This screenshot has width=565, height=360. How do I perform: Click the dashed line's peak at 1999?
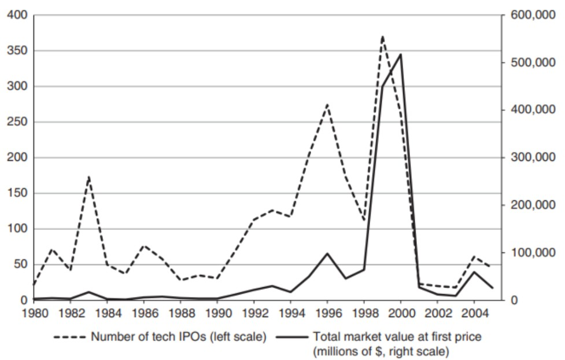382,36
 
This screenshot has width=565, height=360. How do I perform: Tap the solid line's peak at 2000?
401,54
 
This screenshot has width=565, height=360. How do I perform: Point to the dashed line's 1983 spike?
89,177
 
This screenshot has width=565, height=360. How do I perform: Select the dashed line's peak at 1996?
327,105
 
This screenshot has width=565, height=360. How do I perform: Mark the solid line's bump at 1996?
327,253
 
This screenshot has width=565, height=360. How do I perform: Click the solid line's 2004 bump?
474,271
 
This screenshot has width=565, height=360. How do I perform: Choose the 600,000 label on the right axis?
533,15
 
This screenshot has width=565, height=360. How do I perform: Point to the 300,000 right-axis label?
533,157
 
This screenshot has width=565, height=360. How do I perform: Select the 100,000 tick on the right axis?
533,253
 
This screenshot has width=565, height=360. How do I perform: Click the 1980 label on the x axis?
34,313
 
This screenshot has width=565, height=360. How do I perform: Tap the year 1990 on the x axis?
217,313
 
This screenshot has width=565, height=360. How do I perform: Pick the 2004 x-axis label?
474,313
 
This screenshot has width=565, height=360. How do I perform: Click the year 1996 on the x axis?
327,313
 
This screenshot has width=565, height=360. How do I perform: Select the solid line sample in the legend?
292,337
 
